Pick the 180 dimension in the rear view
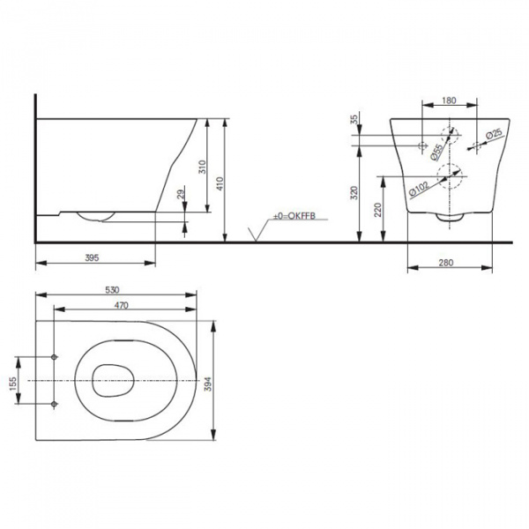click(x=449, y=101)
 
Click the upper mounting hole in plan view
click(x=55, y=356)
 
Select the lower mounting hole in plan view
click(x=55, y=404)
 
